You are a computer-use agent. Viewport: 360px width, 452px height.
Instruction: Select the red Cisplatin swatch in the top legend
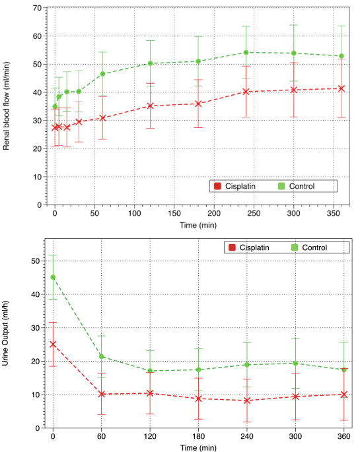coord(217,186)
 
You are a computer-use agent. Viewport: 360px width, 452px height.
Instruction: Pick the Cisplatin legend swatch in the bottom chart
coord(231,247)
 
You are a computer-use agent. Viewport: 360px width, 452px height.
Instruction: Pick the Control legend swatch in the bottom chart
coord(295,247)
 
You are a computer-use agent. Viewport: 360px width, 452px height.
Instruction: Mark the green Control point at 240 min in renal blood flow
coord(246,52)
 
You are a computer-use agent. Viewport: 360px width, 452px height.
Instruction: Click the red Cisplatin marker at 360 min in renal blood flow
coord(342,88)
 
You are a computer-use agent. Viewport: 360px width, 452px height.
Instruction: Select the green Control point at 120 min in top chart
coord(150,63)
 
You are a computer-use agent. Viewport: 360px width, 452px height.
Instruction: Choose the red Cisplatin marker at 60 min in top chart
coord(102,118)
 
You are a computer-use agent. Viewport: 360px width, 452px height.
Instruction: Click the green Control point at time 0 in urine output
coord(53,277)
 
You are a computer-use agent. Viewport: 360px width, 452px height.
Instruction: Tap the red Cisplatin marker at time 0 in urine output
coord(53,344)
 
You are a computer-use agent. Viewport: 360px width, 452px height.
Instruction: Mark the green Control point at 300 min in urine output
coord(294,363)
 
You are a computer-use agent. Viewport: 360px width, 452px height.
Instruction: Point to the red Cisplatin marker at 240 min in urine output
coord(246,401)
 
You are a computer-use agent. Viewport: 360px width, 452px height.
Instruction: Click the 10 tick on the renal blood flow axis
coord(38,177)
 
